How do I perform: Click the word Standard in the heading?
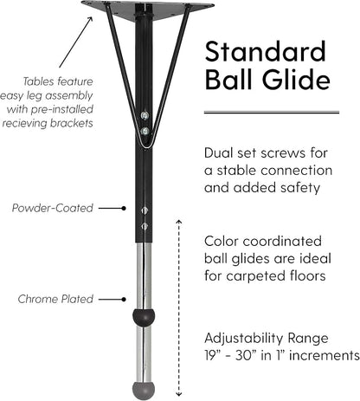[265, 51]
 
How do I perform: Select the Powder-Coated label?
[53, 208]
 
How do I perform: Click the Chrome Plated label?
[55, 299]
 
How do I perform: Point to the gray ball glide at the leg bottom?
[144, 391]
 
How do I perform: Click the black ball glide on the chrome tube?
[144, 317]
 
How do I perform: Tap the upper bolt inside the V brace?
[145, 116]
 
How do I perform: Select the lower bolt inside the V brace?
[145, 132]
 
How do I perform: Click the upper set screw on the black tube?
[145, 210]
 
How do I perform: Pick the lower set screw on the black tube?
[145, 226]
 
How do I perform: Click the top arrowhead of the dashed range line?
[179, 222]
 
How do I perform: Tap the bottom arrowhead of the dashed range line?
[179, 394]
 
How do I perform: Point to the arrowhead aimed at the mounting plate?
[90, 19]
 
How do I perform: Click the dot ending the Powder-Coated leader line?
[124, 208]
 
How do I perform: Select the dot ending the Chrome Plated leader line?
[124, 299]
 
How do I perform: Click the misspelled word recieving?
[24, 123]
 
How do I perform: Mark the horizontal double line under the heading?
[272, 112]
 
